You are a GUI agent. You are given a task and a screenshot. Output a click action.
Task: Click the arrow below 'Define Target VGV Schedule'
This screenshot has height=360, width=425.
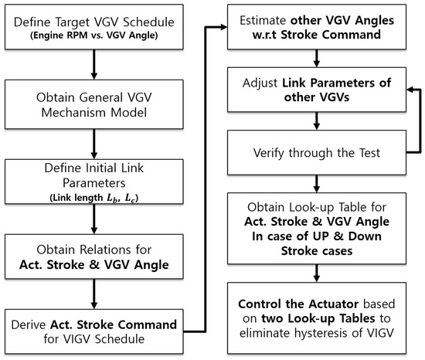(93, 65)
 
